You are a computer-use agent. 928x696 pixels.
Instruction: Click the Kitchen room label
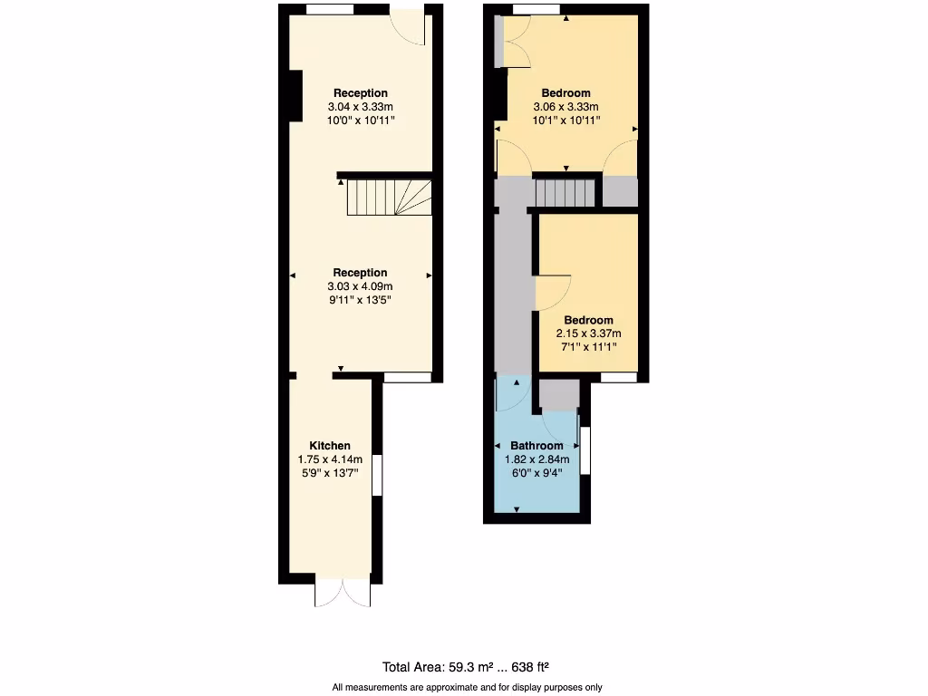[x=330, y=445]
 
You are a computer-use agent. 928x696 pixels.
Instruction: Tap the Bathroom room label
[x=536, y=445]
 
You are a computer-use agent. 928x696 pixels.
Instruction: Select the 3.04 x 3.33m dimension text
[x=360, y=106]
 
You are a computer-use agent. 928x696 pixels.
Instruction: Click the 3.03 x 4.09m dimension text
[x=360, y=286]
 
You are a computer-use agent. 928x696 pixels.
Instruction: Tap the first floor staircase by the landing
[x=565, y=192]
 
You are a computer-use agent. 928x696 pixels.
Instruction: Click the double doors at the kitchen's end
[x=343, y=592]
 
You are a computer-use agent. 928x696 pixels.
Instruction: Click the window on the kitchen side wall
[x=376, y=475]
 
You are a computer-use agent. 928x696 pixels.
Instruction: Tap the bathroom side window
[x=585, y=450]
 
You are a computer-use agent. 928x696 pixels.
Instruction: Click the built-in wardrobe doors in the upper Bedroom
[x=513, y=43]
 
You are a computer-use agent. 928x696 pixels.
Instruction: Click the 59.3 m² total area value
[x=471, y=667]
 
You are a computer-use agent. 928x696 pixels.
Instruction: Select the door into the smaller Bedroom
[x=552, y=292]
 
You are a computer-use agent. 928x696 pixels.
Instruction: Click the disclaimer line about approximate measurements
[x=467, y=687]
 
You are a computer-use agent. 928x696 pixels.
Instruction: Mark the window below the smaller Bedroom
[x=618, y=377]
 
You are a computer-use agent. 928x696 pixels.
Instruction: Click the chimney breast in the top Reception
[x=294, y=95]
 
